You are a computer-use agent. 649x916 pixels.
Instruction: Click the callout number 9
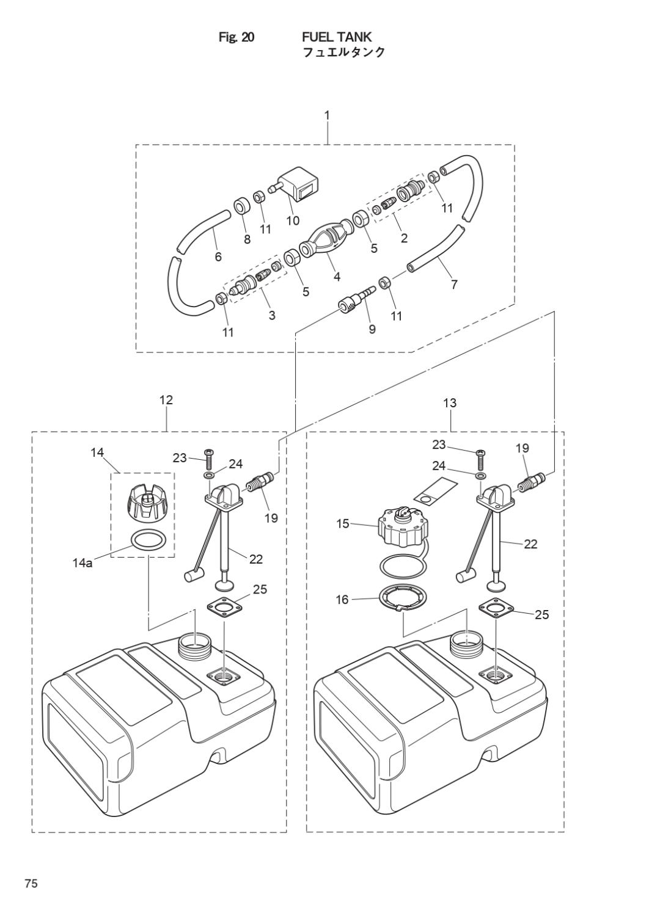(372, 329)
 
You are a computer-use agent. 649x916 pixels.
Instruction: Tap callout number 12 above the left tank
(166, 400)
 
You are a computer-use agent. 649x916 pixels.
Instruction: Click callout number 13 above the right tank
(450, 403)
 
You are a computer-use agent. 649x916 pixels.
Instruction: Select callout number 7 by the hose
(454, 284)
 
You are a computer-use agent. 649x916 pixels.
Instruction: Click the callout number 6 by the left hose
(218, 256)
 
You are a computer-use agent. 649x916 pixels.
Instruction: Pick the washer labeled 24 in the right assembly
(480, 474)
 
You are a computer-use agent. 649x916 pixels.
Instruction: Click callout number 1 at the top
(327, 115)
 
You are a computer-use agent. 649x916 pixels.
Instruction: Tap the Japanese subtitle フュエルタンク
(344, 53)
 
